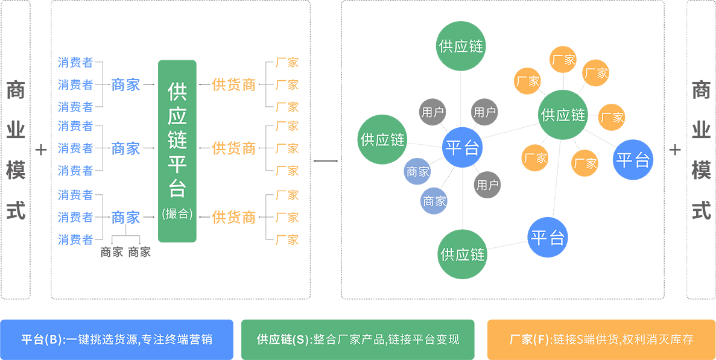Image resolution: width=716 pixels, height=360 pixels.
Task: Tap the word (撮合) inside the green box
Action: (177, 213)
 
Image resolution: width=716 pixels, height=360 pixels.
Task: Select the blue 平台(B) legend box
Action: (116, 339)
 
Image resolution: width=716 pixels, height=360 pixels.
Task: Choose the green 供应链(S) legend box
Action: (358, 339)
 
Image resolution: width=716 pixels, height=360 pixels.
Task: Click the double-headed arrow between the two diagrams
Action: (326, 161)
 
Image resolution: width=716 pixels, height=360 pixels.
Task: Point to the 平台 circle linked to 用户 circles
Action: (462, 148)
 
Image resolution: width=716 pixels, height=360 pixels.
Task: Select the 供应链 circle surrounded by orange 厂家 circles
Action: (563, 115)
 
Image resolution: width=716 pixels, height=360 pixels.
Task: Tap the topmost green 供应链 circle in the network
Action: (461, 46)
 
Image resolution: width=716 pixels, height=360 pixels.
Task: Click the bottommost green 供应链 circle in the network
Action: (462, 254)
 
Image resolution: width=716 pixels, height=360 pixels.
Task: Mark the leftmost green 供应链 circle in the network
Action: (382, 139)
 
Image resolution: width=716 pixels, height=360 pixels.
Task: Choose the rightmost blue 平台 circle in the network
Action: (633, 160)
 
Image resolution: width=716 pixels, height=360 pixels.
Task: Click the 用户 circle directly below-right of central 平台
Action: (487, 185)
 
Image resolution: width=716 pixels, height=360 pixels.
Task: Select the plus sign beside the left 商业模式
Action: (40, 150)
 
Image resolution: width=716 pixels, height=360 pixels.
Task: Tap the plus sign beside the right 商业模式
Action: (675, 150)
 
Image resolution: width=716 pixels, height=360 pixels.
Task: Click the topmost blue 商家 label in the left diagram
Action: (125, 84)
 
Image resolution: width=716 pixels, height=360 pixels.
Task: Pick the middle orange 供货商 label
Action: (234, 148)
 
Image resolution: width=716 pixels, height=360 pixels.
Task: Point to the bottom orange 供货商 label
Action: (234, 217)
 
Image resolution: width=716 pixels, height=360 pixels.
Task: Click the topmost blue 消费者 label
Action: (75, 62)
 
